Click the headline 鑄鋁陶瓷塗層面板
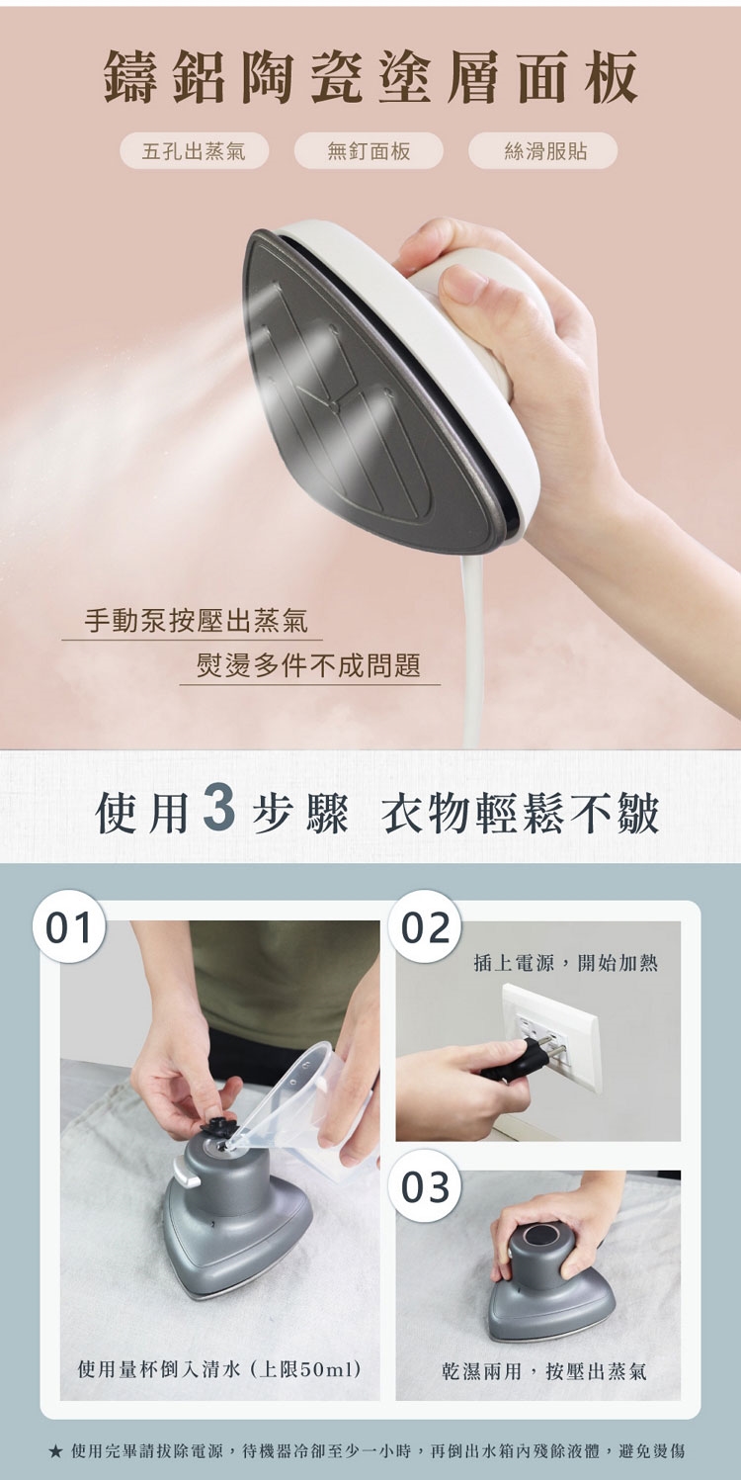tap(370, 81)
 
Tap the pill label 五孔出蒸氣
tap(194, 150)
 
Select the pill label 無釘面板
tap(369, 150)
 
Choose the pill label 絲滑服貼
tap(543, 150)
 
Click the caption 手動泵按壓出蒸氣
tap(197, 621)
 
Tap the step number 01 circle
tap(70, 928)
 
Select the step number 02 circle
tap(425, 928)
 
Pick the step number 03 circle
tap(425, 1187)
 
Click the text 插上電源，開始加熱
tap(566, 963)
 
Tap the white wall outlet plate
tap(552, 1037)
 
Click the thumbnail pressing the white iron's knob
tap(461, 282)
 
